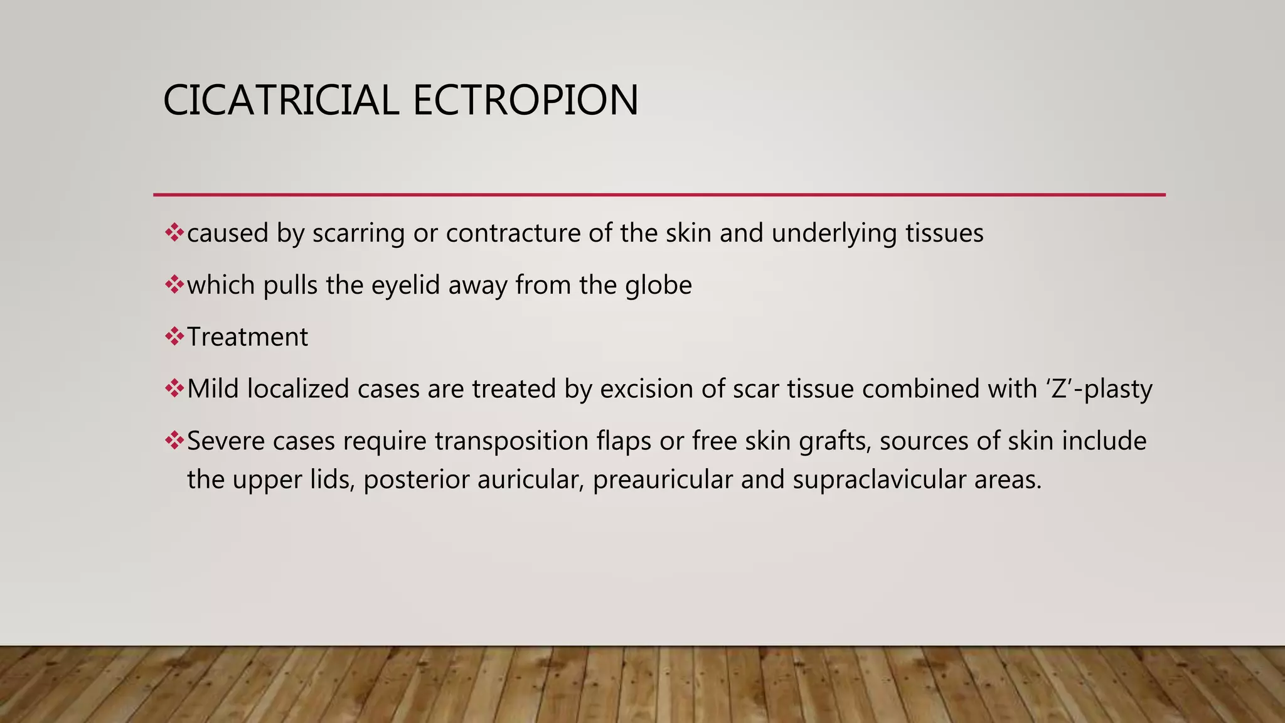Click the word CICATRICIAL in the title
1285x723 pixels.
(x=280, y=100)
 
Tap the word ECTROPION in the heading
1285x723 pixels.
(x=525, y=100)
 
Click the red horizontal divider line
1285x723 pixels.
(x=659, y=195)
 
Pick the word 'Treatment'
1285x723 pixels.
(x=248, y=337)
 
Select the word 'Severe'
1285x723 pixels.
(x=226, y=441)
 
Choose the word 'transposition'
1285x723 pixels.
(x=512, y=441)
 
